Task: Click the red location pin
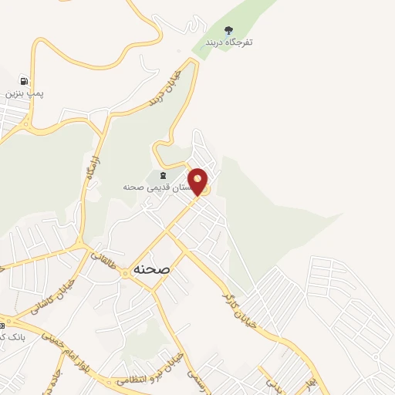click(198, 181)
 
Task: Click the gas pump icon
click(24, 80)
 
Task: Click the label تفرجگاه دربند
click(229, 42)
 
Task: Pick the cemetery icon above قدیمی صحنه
click(162, 177)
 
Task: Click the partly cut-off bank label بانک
click(12, 337)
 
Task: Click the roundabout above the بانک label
click(3, 319)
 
